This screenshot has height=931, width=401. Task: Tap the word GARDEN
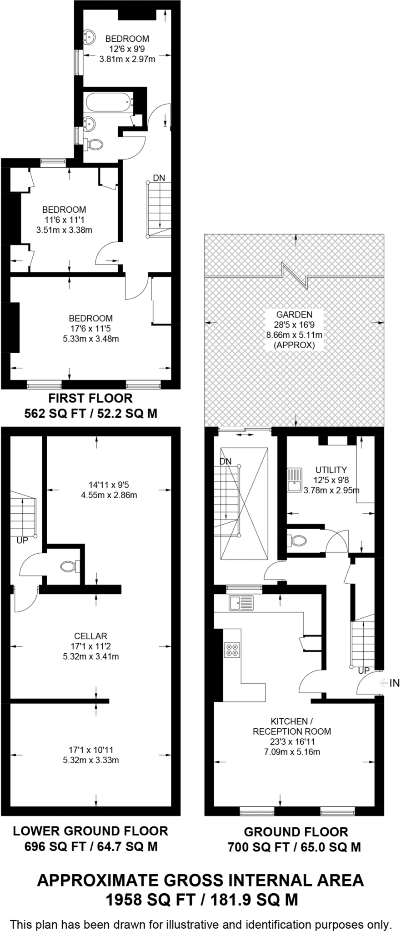294,314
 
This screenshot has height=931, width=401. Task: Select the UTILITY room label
331,470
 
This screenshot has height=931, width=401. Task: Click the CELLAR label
91,636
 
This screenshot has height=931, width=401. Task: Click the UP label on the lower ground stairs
22,541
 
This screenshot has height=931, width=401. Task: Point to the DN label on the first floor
159,178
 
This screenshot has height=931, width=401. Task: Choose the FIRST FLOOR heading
90,398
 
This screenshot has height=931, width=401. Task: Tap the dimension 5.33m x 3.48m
90,339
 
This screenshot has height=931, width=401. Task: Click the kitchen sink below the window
241,603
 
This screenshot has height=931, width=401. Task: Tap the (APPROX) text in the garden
294,345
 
